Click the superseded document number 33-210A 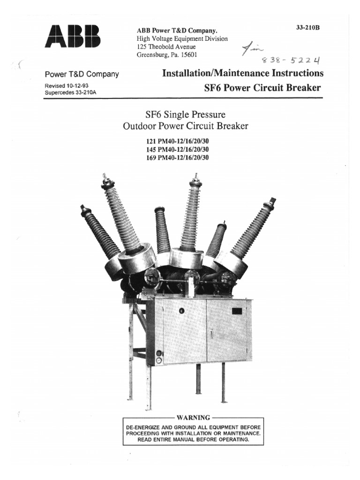pyautogui.click(x=86, y=92)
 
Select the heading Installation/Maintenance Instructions pyautogui.click(x=242, y=74)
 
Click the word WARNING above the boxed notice pyautogui.click(x=193, y=417)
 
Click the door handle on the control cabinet pyautogui.click(x=211, y=333)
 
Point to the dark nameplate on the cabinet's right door pyautogui.click(x=237, y=310)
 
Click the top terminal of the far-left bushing pyautogui.click(x=83, y=208)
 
